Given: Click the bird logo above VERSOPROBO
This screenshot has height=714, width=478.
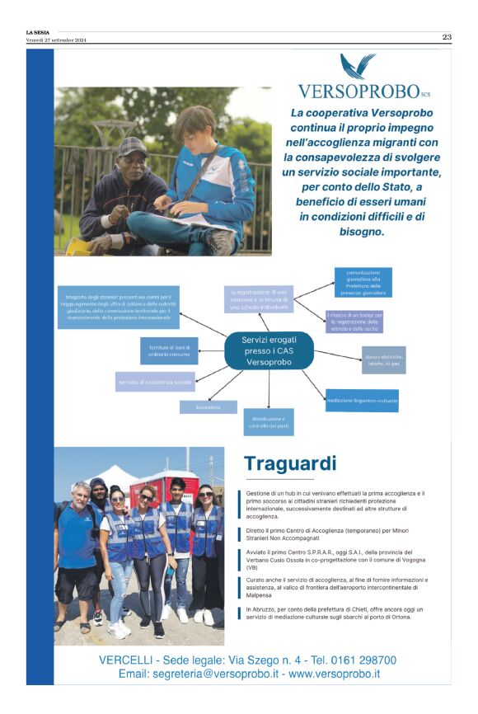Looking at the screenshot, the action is tap(358, 66).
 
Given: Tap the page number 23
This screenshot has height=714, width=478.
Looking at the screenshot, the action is tap(446, 36).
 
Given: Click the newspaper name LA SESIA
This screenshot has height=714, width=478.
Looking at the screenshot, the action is tap(38, 33).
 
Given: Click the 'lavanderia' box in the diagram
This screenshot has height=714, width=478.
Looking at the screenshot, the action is tap(209, 406).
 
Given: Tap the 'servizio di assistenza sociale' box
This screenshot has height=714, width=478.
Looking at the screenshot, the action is tap(155, 382).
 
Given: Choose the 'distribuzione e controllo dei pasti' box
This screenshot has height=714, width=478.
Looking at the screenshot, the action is tap(269, 421).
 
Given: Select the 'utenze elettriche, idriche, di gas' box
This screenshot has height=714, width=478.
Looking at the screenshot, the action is tap(387, 359).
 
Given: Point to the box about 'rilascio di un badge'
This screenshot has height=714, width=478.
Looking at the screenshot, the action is tap(354, 321).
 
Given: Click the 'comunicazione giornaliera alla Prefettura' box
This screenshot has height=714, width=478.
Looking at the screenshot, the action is tap(363, 282).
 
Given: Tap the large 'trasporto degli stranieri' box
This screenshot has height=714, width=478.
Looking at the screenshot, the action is tap(118, 307).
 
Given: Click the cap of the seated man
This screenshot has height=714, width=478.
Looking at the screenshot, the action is tap(132, 145).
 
